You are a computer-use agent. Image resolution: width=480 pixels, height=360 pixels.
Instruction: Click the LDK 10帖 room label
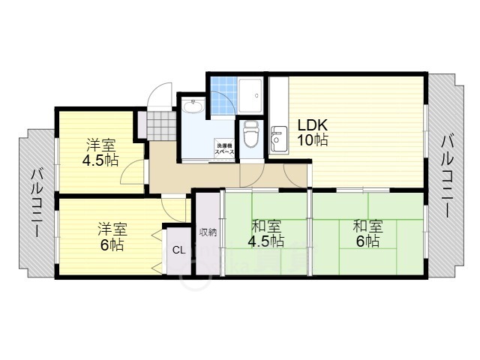[x=313, y=133]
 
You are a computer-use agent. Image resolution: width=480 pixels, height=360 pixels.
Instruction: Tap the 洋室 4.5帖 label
[x=100, y=152]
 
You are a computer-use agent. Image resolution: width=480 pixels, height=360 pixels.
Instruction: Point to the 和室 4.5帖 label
[x=267, y=233]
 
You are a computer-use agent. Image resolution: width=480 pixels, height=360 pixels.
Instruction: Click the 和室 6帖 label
[x=367, y=233]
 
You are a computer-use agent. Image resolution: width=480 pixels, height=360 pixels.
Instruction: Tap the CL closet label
[x=178, y=250]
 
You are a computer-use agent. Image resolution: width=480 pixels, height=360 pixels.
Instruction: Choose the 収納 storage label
[x=208, y=232]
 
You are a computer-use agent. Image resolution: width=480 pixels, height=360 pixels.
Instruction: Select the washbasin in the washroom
[x=193, y=107]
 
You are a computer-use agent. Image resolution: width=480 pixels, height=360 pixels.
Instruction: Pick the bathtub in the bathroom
[x=252, y=94]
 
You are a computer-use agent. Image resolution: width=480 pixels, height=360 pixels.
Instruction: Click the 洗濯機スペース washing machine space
[x=224, y=147]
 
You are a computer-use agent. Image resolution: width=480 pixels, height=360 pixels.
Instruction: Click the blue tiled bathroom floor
[x=223, y=96]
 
